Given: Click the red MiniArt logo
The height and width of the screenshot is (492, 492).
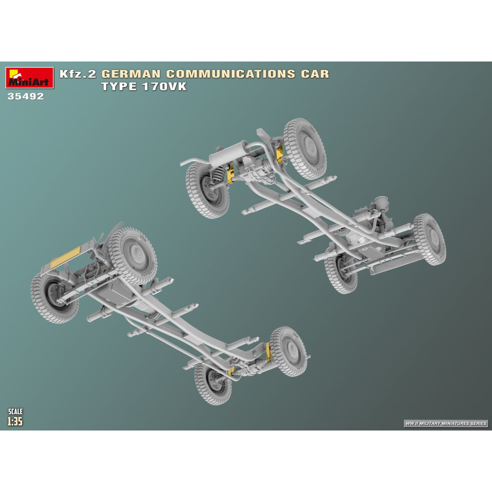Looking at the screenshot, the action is point(30,78).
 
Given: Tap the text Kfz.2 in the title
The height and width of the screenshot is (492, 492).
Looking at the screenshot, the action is point(78,74).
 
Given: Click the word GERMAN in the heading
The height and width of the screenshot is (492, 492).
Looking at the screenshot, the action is point(131,74).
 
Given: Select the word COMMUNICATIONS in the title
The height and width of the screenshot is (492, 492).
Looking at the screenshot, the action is point(231,74).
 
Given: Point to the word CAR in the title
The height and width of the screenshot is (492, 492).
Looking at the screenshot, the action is point(315,74).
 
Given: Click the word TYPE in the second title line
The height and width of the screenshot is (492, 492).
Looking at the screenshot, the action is point(119,87).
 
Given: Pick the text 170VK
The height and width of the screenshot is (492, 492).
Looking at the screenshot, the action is point(164,87).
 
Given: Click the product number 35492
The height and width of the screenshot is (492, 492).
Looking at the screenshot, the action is point(26,96).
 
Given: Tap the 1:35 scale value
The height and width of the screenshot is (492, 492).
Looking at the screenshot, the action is point(15,421).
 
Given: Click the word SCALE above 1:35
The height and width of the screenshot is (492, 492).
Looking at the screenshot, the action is point(15,411).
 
